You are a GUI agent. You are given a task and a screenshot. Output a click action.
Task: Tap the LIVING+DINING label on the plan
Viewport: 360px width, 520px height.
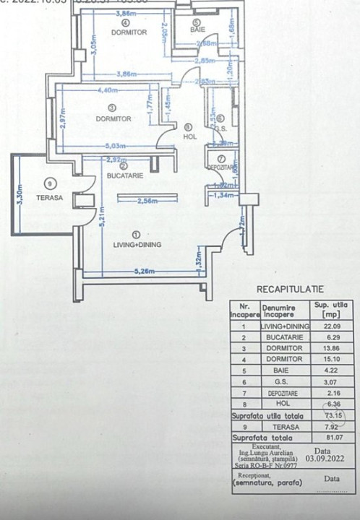coord(137,245)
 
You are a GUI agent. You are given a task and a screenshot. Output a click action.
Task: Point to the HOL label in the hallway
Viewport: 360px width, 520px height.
coord(189,135)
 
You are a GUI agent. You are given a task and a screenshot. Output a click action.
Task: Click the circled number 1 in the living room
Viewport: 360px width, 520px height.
coord(137,233)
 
